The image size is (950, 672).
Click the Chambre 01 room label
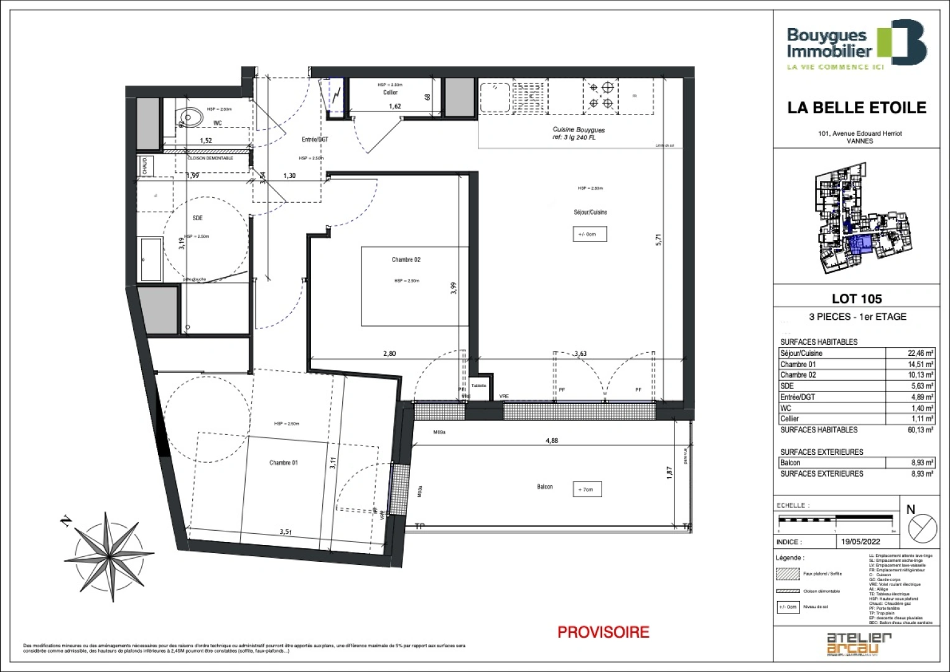pyautogui.click(x=283, y=462)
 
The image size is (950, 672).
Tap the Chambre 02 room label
pyautogui.click(x=406, y=259)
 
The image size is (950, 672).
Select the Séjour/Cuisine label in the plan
pyautogui.click(x=590, y=212)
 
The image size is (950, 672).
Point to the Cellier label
pyautogui.click(x=390, y=93)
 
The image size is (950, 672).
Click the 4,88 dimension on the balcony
pyautogui.click(x=551, y=441)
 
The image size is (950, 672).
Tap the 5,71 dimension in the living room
pyautogui.click(x=658, y=240)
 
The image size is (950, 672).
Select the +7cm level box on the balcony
pyautogui.click(x=586, y=490)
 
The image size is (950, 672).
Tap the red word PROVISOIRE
pyautogui.click(x=603, y=632)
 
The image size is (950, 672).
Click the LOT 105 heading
pyautogui.click(x=857, y=299)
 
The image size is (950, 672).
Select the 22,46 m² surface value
pyautogui.click(x=920, y=353)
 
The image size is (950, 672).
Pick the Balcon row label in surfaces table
pyautogui.click(x=790, y=463)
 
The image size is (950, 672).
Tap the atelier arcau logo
pyautogui.click(x=859, y=643)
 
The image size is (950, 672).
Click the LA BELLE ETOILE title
pyautogui.click(x=856, y=108)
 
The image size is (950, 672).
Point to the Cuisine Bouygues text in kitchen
pyautogui.click(x=579, y=130)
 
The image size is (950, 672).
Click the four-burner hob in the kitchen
pyautogui.click(x=601, y=96)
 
